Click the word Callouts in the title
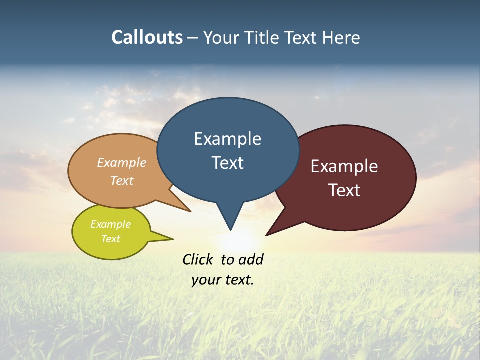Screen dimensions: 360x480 pos(147,37)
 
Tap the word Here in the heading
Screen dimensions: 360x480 pos(342,37)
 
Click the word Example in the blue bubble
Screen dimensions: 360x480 pos(227,139)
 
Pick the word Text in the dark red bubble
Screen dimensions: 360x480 pos(344,190)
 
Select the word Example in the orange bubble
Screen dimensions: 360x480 pos(122,162)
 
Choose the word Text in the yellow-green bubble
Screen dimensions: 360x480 pos(110,239)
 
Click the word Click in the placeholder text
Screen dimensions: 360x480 pos(197,259)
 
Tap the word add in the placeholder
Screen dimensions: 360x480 pos(250,259)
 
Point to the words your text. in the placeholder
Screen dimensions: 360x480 pos(223,280)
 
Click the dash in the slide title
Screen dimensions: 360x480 pos(193,38)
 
